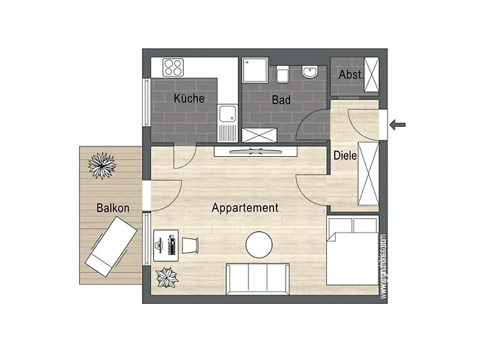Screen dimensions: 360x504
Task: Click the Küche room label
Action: (189, 99)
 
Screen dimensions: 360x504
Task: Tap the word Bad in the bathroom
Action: (281, 100)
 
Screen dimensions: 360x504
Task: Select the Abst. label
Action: (351, 74)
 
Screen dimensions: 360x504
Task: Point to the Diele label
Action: (346, 155)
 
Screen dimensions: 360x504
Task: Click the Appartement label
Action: (245, 207)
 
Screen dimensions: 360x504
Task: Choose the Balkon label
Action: (113, 208)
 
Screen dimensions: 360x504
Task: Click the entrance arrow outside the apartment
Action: (397, 125)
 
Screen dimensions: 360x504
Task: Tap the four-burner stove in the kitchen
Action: (173, 67)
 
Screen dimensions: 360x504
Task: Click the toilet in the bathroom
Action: (283, 73)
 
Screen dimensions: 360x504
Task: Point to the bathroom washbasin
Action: (310, 72)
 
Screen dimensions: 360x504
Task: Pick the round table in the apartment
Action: (259, 246)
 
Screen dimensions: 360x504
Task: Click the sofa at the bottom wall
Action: (258, 279)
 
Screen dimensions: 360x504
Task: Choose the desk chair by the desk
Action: (190, 246)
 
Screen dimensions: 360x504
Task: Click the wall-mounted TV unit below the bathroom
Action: (257, 150)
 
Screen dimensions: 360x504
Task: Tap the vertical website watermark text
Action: (384, 266)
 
